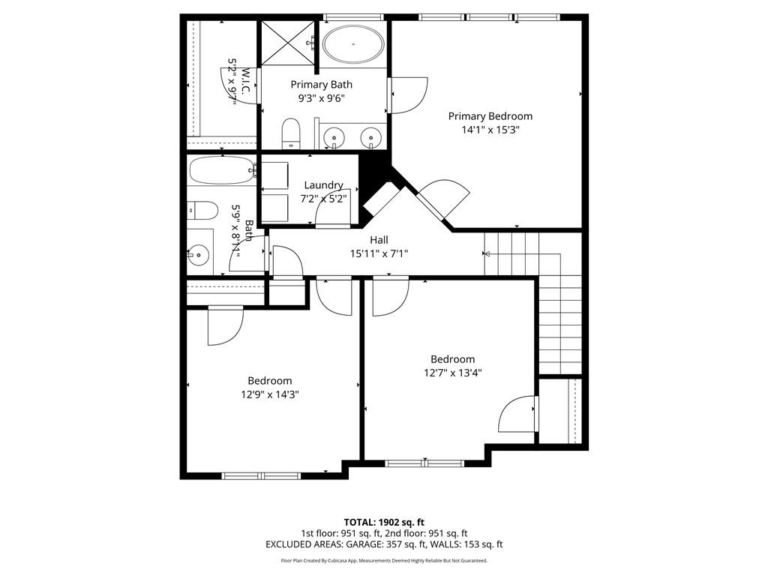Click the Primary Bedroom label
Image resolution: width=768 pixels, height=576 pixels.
pyautogui.click(x=490, y=116)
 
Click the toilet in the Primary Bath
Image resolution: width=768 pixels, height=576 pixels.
pyautogui.click(x=290, y=133)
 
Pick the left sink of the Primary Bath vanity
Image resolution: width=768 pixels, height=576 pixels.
pyautogui.click(x=332, y=137)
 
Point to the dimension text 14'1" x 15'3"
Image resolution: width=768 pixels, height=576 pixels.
pyautogui.click(x=490, y=129)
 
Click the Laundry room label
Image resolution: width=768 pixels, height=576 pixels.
pyautogui.click(x=324, y=185)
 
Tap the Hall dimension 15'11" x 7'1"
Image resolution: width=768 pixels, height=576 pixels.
pyautogui.click(x=379, y=253)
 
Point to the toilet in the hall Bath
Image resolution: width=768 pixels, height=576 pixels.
pyautogui.click(x=203, y=209)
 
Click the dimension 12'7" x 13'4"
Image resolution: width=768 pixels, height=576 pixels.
pyautogui.click(x=452, y=372)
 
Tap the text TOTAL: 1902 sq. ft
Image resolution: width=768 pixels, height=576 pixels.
pyautogui.click(x=384, y=522)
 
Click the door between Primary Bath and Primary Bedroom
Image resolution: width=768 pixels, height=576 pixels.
pyautogui.click(x=406, y=95)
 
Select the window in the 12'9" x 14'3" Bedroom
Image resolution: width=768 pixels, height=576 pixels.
pyautogui.click(x=262, y=475)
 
